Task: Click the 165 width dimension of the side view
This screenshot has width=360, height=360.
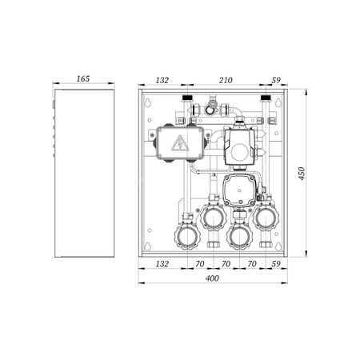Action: pyautogui.click(x=83, y=78)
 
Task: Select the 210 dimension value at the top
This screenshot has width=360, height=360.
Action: pyautogui.click(x=226, y=80)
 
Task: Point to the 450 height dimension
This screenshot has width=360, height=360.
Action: pyautogui.click(x=302, y=174)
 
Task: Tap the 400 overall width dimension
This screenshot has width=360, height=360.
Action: pyautogui.click(x=212, y=278)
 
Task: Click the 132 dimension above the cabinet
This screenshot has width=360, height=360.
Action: pyautogui.click(x=162, y=80)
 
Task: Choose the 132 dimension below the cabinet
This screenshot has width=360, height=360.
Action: pyautogui.click(x=162, y=264)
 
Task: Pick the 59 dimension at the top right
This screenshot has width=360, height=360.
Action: pyautogui.click(x=276, y=80)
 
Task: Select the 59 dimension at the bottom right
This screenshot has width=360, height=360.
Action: pyautogui.click(x=276, y=264)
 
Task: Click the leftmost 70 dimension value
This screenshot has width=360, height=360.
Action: pyautogui.click(x=200, y=264)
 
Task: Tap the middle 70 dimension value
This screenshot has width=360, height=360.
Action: pyautogui.click(x=226, y=264)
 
